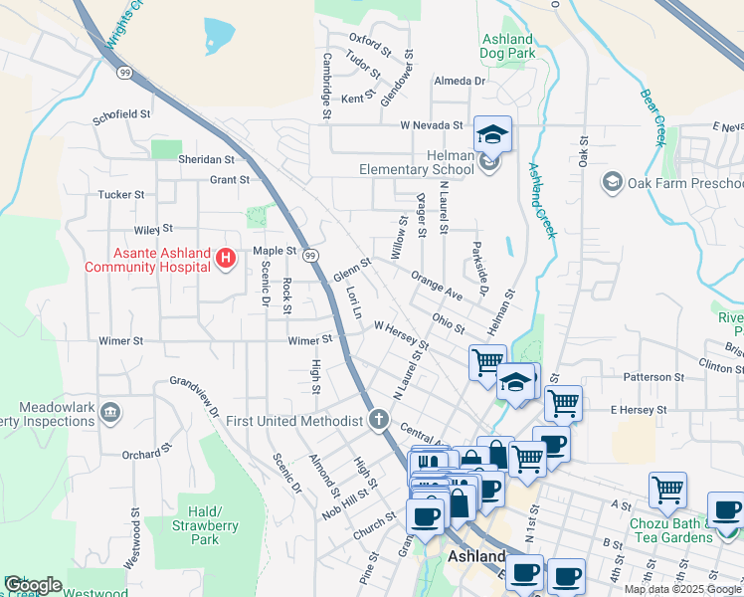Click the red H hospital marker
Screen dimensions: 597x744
tap(225, 260)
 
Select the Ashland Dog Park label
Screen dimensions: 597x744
tap(507, 46)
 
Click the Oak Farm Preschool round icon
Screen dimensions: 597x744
tap(612, 183)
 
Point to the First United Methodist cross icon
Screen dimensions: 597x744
tap(378, 420)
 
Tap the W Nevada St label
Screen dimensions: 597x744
tap(432, 126)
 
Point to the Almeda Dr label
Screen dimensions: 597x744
tap(459, 81)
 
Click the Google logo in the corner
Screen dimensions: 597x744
tap(33, 585)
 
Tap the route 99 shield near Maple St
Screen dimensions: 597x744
tap(310, 256)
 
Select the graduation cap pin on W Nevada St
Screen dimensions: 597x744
tap(491, 133)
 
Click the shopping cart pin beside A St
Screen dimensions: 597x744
tap(667, 489)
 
